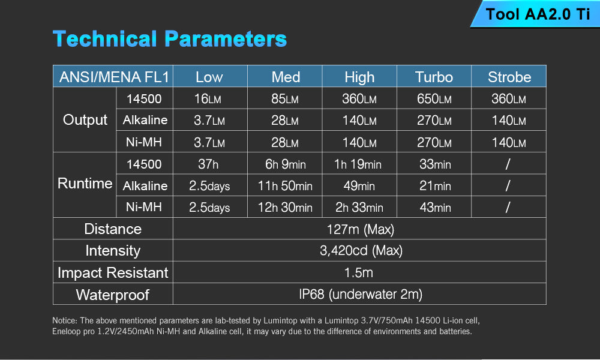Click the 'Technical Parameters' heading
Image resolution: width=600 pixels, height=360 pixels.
coord(170,39)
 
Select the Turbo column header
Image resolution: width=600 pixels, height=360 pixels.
coord(434,77)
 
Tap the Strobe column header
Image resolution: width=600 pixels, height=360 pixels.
coord(509,77)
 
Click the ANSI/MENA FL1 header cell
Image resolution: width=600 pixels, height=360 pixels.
coord(113,77)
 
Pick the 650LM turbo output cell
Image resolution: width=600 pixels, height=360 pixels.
coord(434,99)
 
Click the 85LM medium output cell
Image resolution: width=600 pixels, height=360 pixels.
coord(284,99)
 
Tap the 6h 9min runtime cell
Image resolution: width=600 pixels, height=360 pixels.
coord(284,164)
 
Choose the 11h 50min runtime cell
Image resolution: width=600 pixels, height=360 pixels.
coord(284,186)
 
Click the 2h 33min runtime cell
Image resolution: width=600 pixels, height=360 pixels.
coord(359,208)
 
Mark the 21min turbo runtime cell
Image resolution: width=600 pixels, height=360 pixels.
coord(434,186)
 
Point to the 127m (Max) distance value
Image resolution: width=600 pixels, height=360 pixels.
coord(360,229)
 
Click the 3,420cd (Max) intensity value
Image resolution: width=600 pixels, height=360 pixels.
coord(361,251)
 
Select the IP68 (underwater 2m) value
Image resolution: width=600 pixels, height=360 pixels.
coord(361,294)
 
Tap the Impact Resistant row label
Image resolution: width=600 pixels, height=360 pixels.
coord(113,273)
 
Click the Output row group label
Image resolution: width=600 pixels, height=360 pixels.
coord(85,120)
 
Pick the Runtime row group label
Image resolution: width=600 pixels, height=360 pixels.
coord(85,183)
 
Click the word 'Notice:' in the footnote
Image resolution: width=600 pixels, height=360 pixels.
coord(65,320)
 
